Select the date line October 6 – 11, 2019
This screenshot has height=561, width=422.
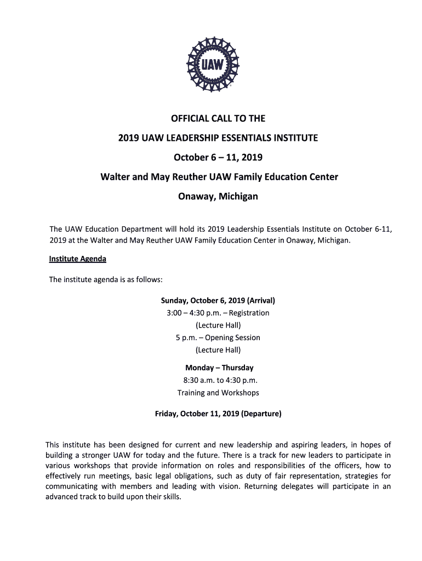[218, 157]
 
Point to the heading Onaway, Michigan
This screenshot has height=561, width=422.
[218, 196]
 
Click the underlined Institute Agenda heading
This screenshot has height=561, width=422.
[78, 259]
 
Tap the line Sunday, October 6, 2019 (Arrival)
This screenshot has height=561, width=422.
[218, 301]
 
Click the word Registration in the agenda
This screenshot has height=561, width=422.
[249, 313]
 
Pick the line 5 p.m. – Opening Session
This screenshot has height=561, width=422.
[218, 337]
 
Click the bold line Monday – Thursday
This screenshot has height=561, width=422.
[219, 368]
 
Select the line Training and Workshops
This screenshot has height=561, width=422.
[218, 393]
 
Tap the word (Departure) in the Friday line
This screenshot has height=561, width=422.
[259, 414]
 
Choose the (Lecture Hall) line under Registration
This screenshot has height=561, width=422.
[218, 325]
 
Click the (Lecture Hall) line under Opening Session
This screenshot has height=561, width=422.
[218, 350]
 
